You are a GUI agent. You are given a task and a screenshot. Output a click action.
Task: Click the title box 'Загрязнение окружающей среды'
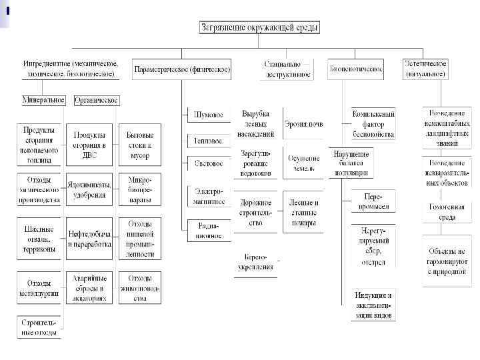pyautogui.click(x=260, y=28)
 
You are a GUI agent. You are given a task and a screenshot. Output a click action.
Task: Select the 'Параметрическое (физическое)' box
pyautogui.click(x=182, y=69)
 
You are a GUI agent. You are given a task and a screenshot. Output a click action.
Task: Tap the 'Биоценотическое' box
pyautogui.click(x=355, y=69)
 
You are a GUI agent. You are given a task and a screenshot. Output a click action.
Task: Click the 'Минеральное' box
pyautogui.click(x=43, y=100)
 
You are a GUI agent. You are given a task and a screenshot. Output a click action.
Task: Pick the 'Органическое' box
pyautogui.click(x=96, y=100)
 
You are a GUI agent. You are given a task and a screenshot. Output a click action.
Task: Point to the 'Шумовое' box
pyautogui.click(x=208, y=115)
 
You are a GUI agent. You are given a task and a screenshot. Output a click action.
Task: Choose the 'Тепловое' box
pyautogui.click(x=208, y=141)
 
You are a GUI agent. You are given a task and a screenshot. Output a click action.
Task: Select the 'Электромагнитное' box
pyautogui.click(x=208, y=195)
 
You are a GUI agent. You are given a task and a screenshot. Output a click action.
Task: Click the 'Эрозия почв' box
pyautogui.click(x=303, y=124)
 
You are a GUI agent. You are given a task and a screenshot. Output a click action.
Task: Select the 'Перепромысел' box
pyautogui.click(x=373, y=201)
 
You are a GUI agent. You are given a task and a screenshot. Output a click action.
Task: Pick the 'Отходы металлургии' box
pyautogui.click(x=39, y=288)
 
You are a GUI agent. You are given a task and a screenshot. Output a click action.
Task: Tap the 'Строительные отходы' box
pyautogui.click(x=39, y=327)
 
